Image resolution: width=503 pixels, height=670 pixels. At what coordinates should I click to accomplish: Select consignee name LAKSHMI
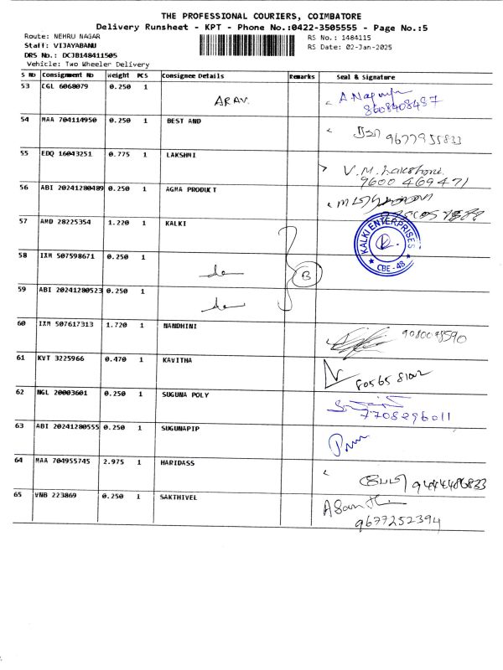[180, 155]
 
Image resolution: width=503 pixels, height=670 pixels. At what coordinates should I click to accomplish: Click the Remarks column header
[302, 76]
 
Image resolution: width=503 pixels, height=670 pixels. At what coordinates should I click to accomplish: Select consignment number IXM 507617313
[67, 324]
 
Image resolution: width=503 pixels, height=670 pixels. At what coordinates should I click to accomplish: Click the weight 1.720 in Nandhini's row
[117, 324]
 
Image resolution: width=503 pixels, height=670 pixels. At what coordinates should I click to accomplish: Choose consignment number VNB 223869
[63, 496]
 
